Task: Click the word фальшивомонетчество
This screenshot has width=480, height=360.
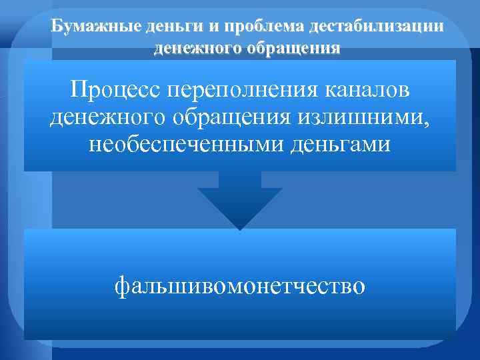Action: pos(240,286)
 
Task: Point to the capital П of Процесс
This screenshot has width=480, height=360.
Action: pos(79,89)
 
